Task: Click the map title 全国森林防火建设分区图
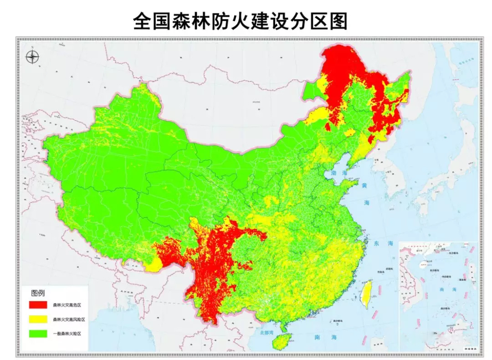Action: (240, 21)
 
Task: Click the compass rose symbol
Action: (32, 57)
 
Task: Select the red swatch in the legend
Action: (38, 304)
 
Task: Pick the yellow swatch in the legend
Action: (38, 319)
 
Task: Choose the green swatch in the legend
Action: (38, 334)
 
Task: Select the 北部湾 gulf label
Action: (266, 333)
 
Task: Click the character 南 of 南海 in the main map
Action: (318, 337)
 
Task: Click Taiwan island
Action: (367, 294)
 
